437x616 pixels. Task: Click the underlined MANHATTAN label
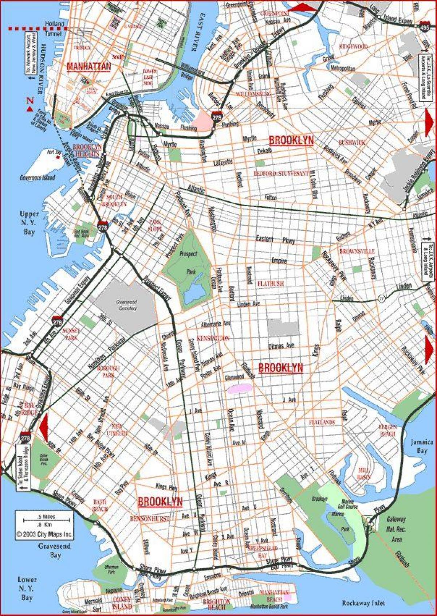pos(88,67)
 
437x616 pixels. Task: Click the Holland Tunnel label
pos(55,28)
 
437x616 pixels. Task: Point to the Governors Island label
pos(38,178)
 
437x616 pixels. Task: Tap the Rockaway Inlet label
pos(363,603)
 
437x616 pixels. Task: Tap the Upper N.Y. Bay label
pos(27,222)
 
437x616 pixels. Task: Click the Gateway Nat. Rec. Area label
pos(396,529)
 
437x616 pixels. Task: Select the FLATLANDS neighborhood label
pos(322,422)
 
